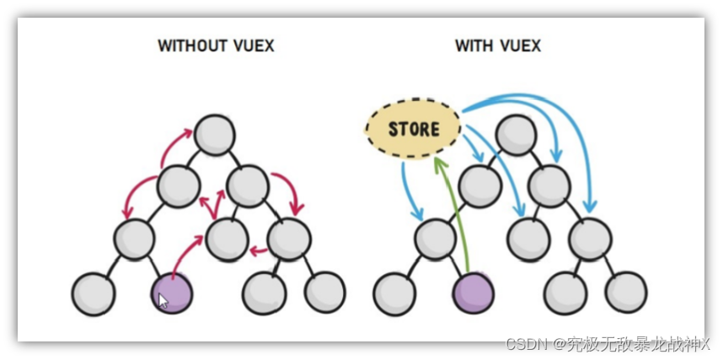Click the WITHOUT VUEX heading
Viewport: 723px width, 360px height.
[216, 46]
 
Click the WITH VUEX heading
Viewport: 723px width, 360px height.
[498, 46]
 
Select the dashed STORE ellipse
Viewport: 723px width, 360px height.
[414, 129]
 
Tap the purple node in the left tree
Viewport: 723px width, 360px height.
[172, 292]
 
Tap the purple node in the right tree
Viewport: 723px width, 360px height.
[473, 293]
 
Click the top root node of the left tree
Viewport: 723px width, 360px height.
[214, 133]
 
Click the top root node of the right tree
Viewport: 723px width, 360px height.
[516, 133]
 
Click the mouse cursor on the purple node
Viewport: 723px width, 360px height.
[163, 300]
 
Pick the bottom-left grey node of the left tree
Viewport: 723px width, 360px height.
[93, 292]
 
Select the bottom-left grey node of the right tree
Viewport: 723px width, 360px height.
[394, 293]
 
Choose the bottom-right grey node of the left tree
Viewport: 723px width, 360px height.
[324, 292]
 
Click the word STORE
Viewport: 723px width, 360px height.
[414, 129]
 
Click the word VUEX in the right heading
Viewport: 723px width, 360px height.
[518, 46]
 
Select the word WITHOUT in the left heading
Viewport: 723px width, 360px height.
[192, 46]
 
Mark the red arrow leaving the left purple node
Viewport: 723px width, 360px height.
[185, 253]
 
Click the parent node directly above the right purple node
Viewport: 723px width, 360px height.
[435, 239]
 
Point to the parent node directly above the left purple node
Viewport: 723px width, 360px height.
[134, 239]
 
